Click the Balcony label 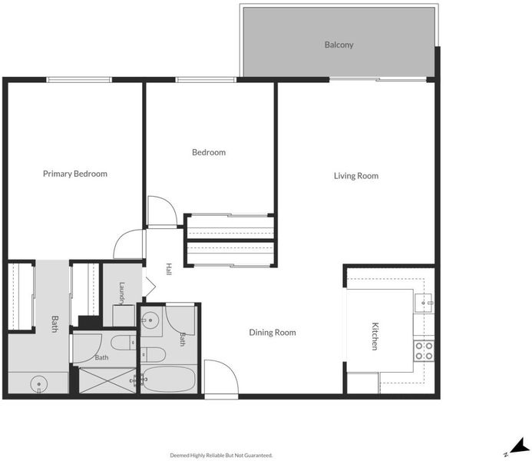tap(339, 45)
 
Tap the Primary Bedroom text tap(75, 174)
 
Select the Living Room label tap(356, 176)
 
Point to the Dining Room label tap(272, 333)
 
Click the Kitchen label tap(375, 336)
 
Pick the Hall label tap(169, 269)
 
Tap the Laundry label tap(122, 292)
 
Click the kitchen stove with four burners tap(424, 351)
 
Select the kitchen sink tap(424, 303)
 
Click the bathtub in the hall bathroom tap(169, 379)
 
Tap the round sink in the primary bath tap(39, 384)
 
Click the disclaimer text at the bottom tap(221, 455)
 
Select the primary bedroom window tap(79, 80)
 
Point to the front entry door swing tap(221, 377)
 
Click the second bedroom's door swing tap(163, 211)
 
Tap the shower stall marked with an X tap(107, 380)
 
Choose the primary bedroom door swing tap(129, 244)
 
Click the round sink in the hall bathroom tap(150, 320)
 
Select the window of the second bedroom tap(206, 80)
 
